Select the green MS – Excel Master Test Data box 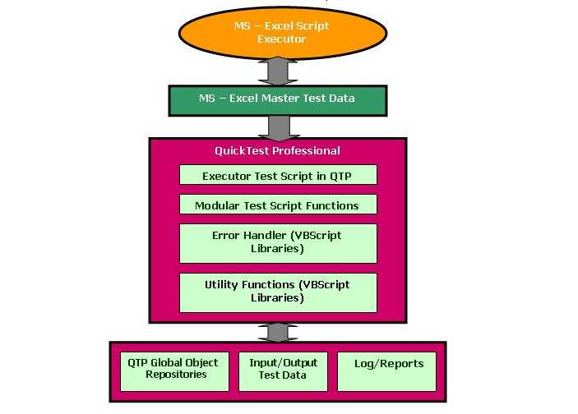click(277, 99)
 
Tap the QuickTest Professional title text click(277, 151)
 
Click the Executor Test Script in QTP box click(277, 176)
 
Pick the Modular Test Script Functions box click(277, 205)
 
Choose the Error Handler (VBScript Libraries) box click(277, 242)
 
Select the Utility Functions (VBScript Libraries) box click(277, 292)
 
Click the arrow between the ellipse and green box click(277, 71)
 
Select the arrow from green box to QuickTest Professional click(277, 126)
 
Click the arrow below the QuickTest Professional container click(277, 332)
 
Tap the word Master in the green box click(283, 99)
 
